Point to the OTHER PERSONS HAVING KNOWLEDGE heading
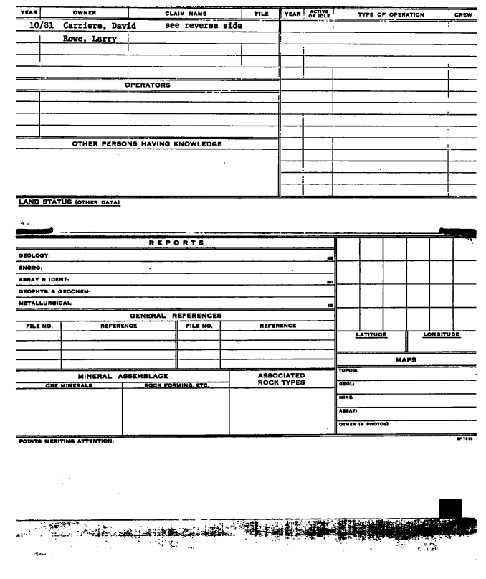(x=147, y=143)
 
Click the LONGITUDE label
(x=441, y=334)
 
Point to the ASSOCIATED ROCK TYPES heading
(x=281, y=379)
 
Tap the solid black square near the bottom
(x=449, y=508)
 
